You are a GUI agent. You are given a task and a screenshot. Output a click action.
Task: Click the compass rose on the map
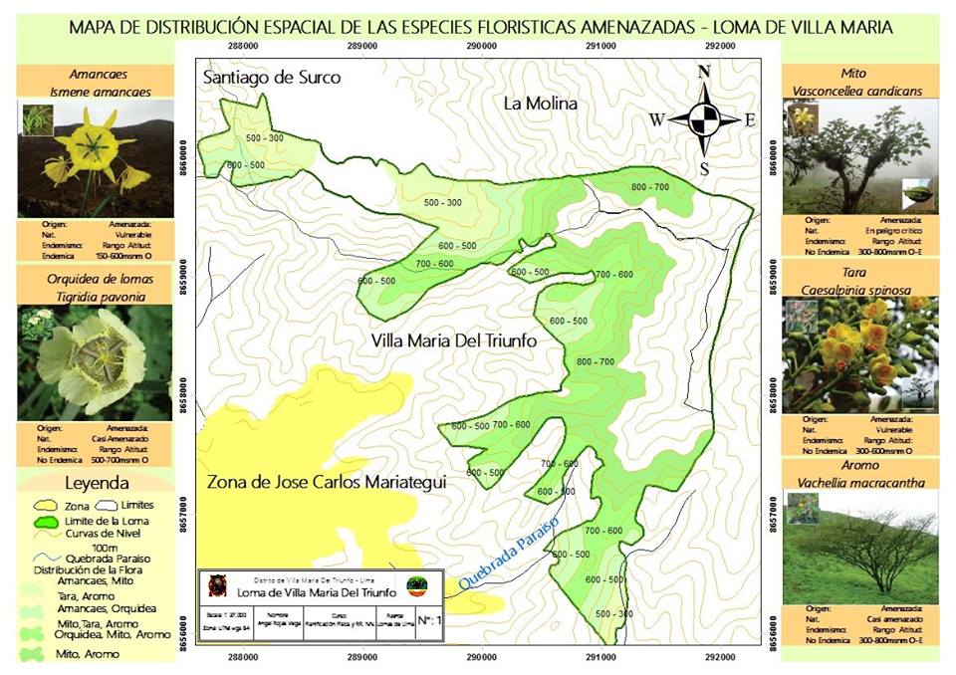pyautogui.click(x=704, y=119)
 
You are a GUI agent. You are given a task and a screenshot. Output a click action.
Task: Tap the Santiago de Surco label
pyautogui.click(x=271, y=78)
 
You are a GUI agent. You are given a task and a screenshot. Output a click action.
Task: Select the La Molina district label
pyautogui.click(x=540, y=104)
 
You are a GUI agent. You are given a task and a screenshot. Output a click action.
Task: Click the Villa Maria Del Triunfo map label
pyautogui.click(x=453, y=340)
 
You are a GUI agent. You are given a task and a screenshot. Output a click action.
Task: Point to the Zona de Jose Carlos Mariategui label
pyautogui.click(x=325, y=482)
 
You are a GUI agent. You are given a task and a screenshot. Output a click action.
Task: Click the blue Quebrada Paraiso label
pyautogui.click(x=508, y=553)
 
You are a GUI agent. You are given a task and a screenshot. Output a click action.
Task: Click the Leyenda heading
pyautogui.click(x=97, y=484)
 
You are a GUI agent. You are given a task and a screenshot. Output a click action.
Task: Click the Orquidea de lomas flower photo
pyautogui.click(x=95, y=363)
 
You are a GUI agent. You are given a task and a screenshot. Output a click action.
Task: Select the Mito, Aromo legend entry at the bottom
pyautogui.click(x=88, y=654)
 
